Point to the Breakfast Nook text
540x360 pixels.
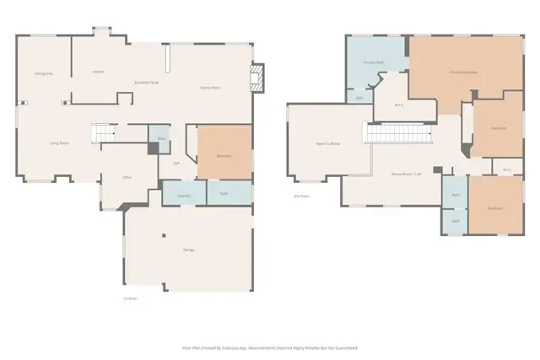tap(147, 82)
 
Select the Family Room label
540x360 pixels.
tap(210, 88)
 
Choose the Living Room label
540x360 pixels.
tap(59, 143)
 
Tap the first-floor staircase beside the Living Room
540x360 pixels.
tap(103, 133)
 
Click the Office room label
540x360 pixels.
tap(127, 177)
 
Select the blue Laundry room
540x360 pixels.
tap(183, 196)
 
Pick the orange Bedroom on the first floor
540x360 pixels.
tap(224, 155)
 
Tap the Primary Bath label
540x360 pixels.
tap(374, 63)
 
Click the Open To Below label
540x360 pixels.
tap(327, 144)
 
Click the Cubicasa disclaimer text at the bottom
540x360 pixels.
tap(270, 347)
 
